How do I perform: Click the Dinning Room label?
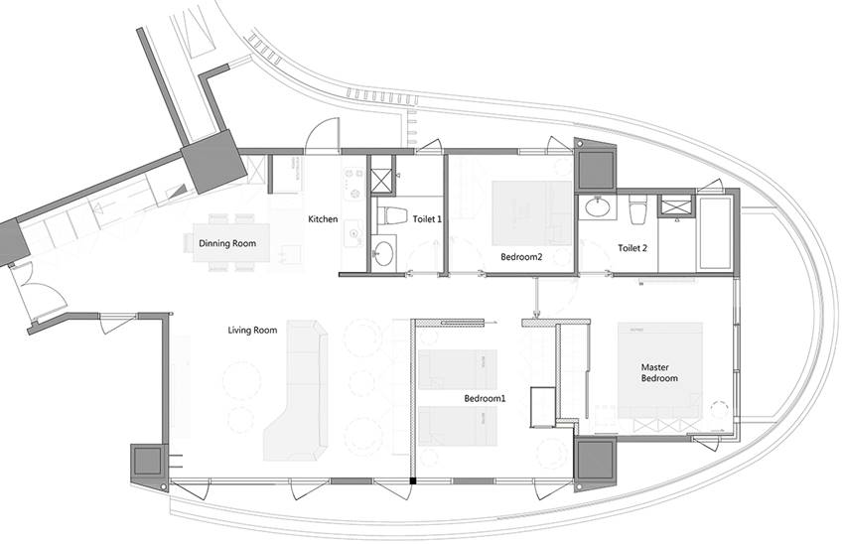pos(227,243)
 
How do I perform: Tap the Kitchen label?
pos(323,219)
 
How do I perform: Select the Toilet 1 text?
pos(427,219)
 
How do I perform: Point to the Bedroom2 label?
pos(521,257)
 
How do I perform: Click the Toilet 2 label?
pos(632,248)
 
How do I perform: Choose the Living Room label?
pos(252,330)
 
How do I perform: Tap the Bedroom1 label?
pos(485,399)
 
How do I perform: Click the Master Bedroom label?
pos(659,373)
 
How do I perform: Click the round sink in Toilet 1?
pos(383,253)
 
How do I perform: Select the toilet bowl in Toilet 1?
pos(391,216)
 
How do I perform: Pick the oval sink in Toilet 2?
pos(597,207)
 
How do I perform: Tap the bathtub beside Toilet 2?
pos(715,235)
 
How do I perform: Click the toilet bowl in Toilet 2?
pos(638,210)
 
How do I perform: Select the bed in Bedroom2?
pos(531,213)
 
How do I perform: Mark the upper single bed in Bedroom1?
pos(458,369)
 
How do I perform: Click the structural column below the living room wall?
pos(148,462)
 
